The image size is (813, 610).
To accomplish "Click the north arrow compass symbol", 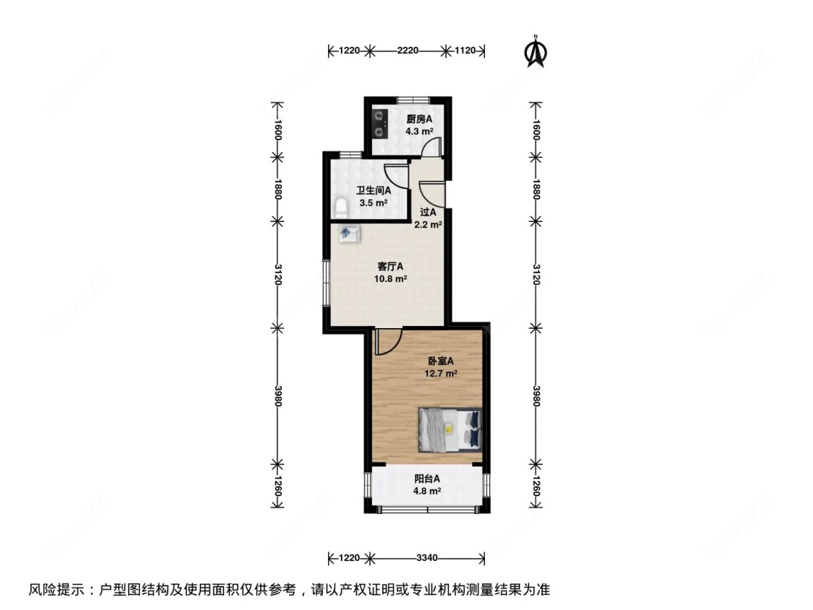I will click(535, 51).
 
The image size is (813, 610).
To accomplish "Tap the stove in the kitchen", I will click(379, 123).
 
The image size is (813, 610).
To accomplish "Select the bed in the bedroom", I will click(447, 428).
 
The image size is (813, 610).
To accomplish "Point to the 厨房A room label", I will click(418, 119).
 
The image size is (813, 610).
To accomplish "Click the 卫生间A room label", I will click(373, 191).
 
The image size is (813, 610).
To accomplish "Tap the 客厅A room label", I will click(390, 265).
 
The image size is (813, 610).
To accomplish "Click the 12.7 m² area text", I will click(441, 374).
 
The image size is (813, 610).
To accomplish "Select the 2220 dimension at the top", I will click(408, 51).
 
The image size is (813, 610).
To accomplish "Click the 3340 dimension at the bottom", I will click(427, 558).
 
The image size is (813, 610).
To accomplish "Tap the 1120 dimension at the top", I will click(465, 51).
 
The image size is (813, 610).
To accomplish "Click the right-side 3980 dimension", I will click(535, 395).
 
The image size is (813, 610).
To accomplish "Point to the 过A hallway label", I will click(428, 212).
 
